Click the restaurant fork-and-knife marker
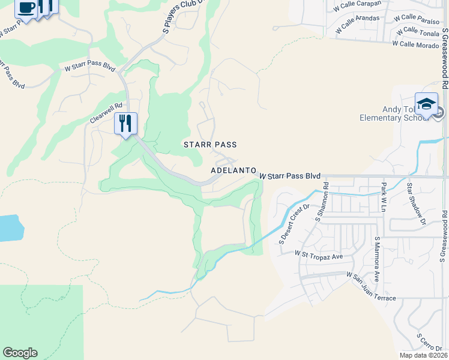point(125,124)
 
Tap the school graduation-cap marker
point(426,104)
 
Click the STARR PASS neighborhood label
point(210,145)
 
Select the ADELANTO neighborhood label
point(234,171)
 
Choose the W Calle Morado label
point(415,44)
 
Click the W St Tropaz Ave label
point(318,255)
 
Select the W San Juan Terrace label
point(371,286)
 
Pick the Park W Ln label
point(383,197)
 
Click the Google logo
point(20,353)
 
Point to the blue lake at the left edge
point(9,228)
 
